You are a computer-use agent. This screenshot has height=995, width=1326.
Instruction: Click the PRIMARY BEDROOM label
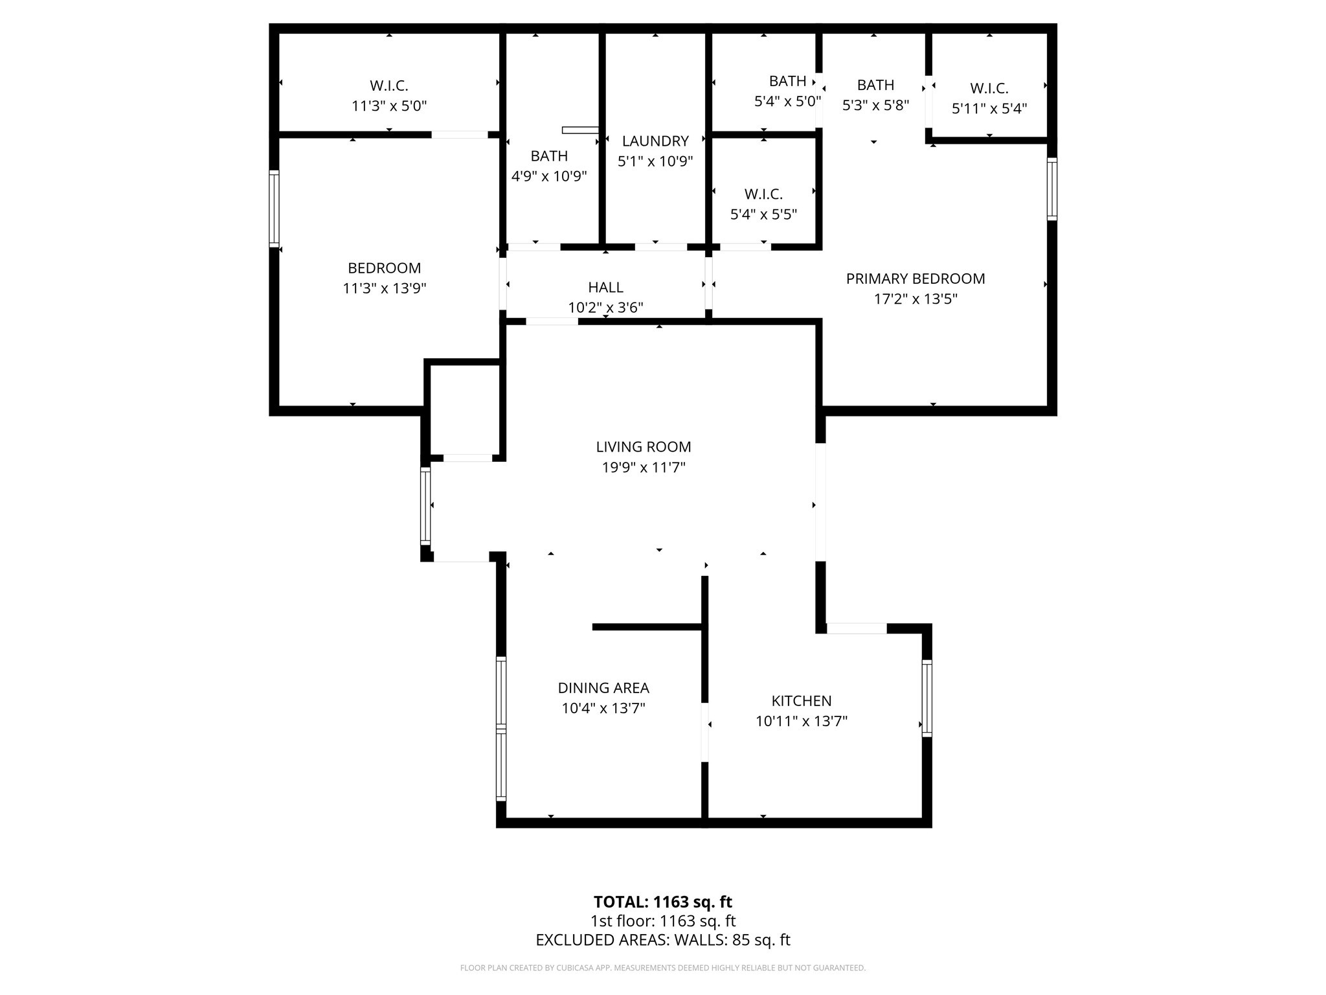point(916,279)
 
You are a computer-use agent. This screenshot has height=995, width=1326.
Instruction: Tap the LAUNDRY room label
point(655,141)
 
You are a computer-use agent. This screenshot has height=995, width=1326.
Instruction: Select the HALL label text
point(606,287)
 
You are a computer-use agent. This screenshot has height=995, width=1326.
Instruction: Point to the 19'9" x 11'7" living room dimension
point(644,468)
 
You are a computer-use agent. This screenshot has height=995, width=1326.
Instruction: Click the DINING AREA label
point(603,688)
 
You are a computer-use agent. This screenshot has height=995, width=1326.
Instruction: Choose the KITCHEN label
point(802,701)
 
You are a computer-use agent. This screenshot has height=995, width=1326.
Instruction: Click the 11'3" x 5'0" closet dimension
point(389,106)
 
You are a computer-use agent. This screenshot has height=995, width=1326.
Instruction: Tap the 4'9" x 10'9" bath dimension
point(549,176)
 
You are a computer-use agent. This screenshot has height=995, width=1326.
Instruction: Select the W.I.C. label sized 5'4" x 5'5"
point(763,194)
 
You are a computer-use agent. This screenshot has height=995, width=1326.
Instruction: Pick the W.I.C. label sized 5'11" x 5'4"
point(989,89)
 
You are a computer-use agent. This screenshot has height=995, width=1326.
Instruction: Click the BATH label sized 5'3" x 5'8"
point(875,85)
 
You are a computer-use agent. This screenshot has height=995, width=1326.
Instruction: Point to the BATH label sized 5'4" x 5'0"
point(787,81)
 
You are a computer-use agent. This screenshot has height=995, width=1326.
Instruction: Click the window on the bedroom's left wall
point(275,209)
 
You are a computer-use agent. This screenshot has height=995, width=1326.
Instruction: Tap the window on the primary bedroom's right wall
point(1052,189)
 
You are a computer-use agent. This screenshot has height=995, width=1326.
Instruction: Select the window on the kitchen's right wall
point(927,698)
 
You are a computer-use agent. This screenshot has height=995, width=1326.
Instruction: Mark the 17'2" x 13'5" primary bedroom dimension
point(916,299)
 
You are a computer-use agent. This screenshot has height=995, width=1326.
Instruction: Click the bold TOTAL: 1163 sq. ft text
point(663,902)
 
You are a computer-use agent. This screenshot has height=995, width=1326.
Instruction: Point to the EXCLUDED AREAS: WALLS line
point(663,940)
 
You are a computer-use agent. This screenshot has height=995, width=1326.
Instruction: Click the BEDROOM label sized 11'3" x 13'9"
point(384,268)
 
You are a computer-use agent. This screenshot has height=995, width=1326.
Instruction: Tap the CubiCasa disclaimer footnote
point(663,968)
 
